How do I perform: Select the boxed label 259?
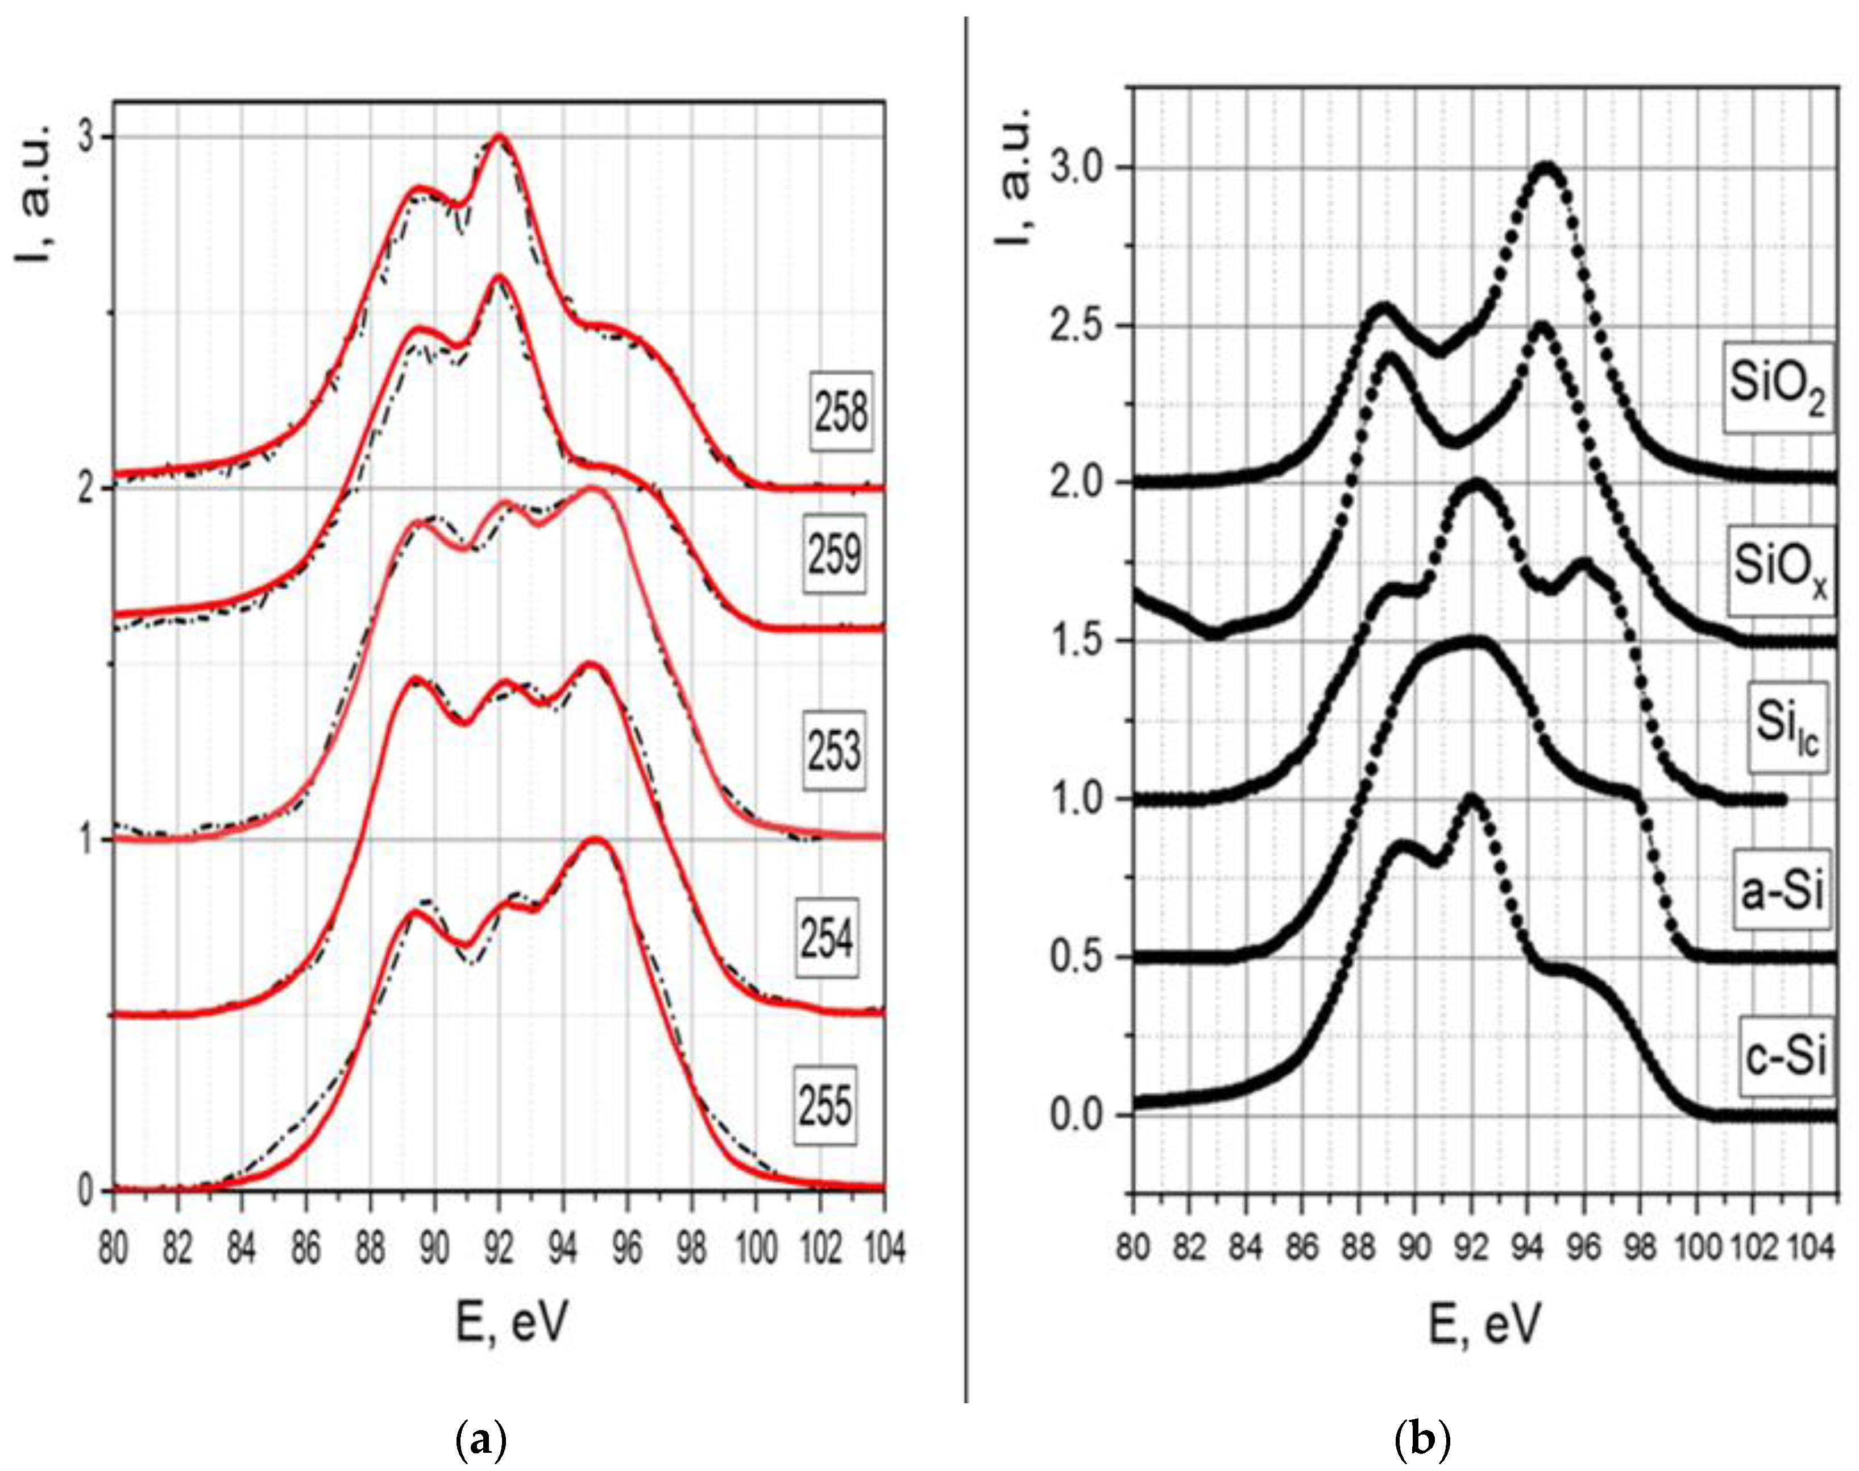coord(833,554)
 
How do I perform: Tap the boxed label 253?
coord(833,752)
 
